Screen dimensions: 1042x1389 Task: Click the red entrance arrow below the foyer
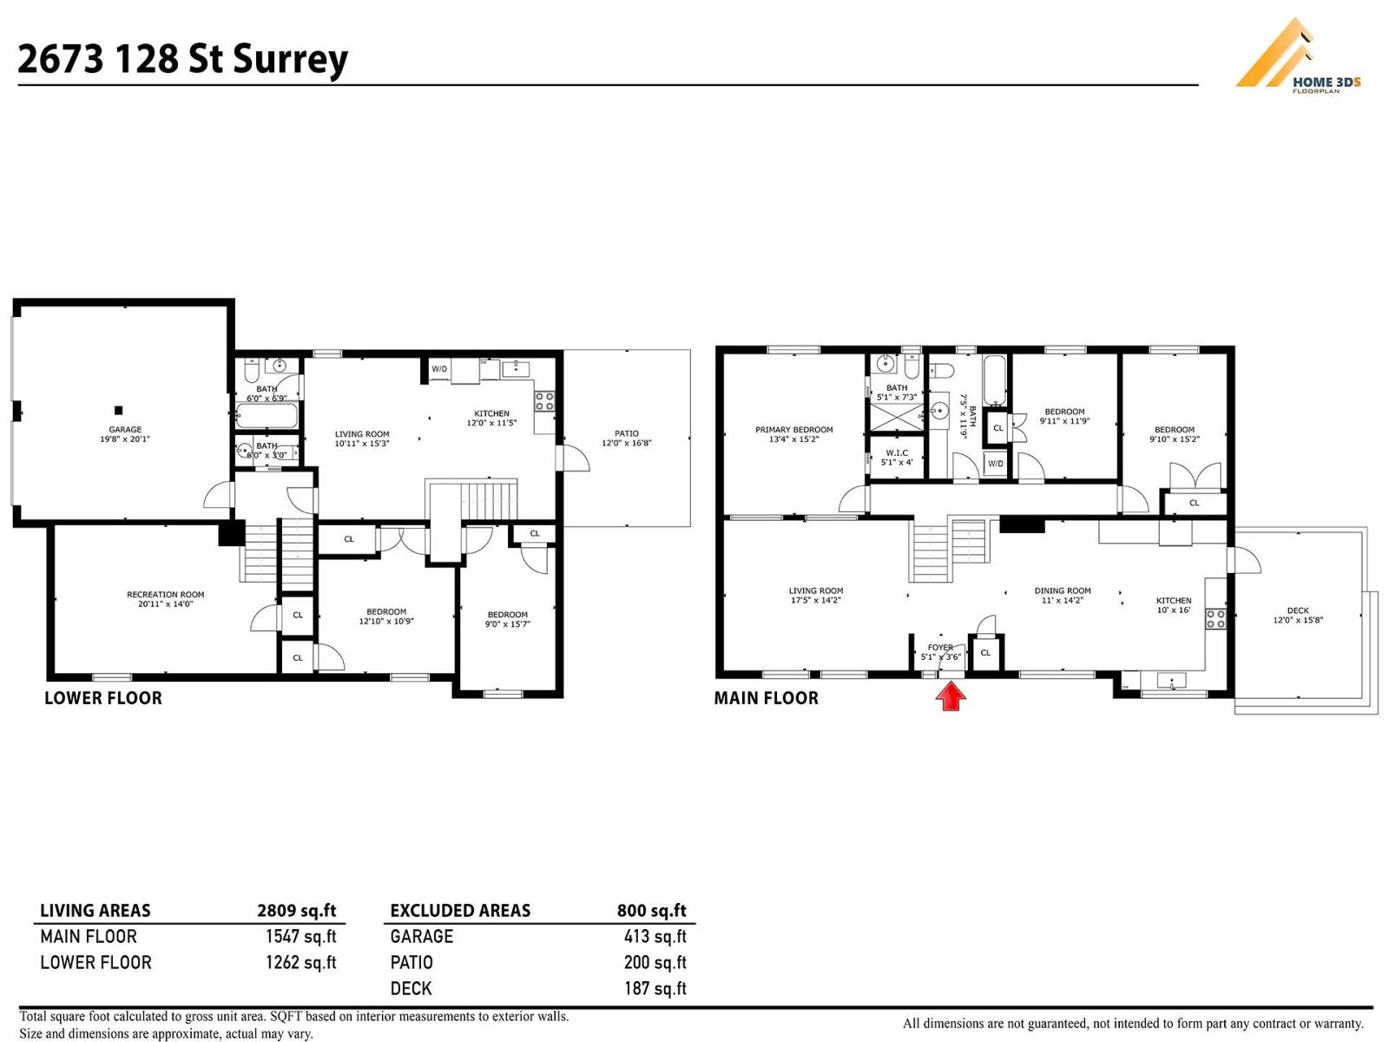point(951,696)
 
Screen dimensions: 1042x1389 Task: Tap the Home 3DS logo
point(1297,56)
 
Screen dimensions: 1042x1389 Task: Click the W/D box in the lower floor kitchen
point(439,369)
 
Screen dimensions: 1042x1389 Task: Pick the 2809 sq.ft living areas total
point(296,910)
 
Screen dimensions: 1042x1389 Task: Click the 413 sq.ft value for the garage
point(655,936)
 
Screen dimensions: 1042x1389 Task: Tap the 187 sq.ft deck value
point(655,988)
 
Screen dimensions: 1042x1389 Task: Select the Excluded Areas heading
point(460,910)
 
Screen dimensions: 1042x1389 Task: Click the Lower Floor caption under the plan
point(102,698)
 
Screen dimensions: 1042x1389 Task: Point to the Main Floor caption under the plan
point(766,698)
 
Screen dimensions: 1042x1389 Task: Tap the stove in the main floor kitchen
point(1215,618)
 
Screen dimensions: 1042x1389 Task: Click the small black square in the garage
point(119,410)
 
